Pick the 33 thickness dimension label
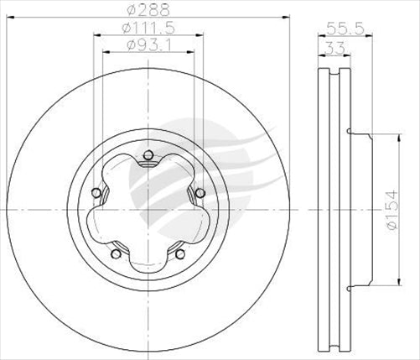(x=334, y=49)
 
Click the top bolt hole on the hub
(x=148, y=155)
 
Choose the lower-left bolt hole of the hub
(x=116, y=253)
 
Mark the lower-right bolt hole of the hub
(x=179, y=253)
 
